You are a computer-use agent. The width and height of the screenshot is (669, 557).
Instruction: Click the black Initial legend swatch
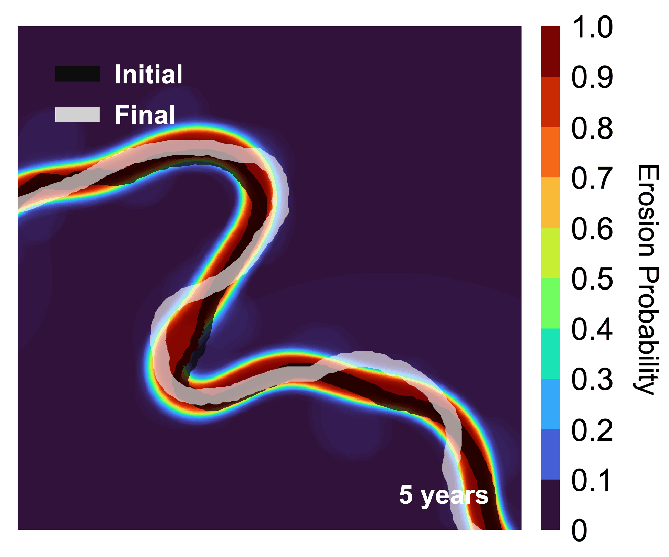pos(77,74)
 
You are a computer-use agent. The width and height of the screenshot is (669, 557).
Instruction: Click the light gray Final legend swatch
pos(77,115)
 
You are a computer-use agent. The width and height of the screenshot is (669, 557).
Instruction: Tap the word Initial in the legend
pos(148,74)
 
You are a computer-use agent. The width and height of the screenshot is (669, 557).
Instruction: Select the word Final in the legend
pos(145,115)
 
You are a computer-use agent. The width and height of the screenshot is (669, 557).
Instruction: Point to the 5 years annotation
pos(443,495)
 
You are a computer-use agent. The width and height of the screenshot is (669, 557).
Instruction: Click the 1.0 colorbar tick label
pos(592,28)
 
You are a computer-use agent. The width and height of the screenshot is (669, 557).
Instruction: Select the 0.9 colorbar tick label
pos(592,78)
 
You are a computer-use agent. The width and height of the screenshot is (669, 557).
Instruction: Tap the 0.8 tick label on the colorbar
pos(592,129)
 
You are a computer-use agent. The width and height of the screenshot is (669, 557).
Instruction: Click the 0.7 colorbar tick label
pos(592,179)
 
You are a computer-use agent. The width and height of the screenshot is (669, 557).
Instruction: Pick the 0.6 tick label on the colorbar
pos(592,229)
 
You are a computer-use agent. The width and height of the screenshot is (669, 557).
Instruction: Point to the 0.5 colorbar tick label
pos(592,280)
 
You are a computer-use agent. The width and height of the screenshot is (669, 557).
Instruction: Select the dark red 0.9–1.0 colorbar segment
pos(550,52)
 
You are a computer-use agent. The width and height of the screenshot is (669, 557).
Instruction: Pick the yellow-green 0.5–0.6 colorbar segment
pos(550,253)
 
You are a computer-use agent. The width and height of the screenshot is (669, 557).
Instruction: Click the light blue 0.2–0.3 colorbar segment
pos(550,404)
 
